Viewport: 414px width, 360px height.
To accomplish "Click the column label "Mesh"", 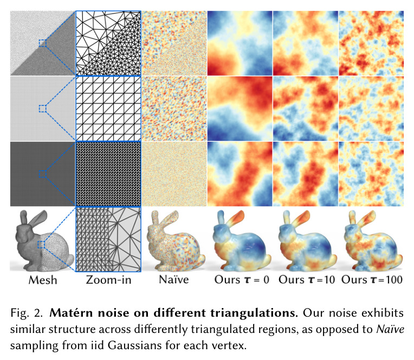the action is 43,280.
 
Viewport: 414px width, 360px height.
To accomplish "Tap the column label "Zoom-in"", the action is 108,280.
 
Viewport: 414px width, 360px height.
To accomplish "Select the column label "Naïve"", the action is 174,279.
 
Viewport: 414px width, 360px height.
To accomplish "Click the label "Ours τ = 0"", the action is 242,279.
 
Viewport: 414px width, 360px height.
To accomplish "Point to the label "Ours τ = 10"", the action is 307,279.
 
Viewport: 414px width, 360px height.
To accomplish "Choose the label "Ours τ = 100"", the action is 372,279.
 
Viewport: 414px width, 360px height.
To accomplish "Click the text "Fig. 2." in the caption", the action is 27,313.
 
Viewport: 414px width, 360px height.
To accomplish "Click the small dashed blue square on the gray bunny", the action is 41,245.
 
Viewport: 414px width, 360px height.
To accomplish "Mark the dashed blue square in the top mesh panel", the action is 42,43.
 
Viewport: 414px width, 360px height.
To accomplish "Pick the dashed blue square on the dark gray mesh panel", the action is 42,174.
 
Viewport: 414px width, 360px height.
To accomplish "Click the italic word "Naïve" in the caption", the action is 390,329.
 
